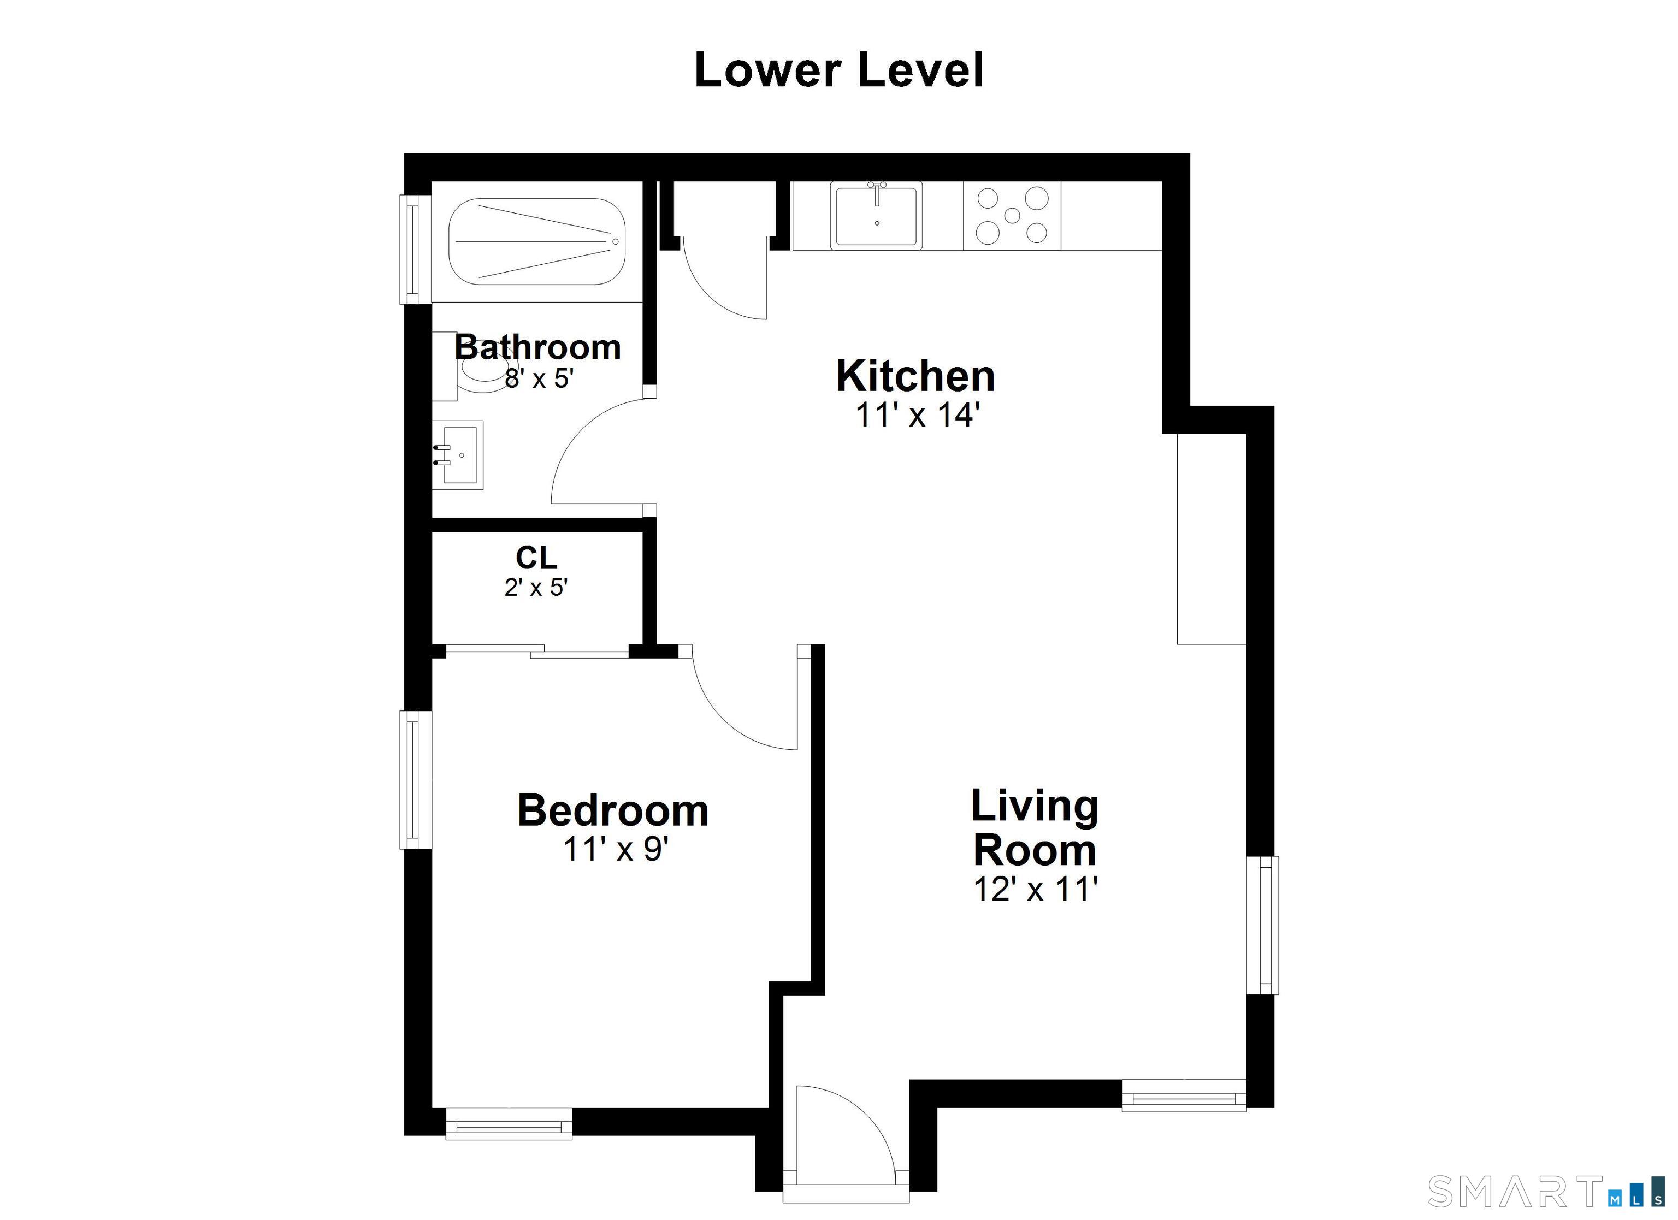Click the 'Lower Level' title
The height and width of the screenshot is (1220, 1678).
[839, 70]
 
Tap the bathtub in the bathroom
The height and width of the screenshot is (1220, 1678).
[537, 241]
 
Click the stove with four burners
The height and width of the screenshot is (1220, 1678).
[1012, 215]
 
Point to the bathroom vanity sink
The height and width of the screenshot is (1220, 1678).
[458, 455]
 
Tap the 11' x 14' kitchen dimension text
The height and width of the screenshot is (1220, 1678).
[918, 415]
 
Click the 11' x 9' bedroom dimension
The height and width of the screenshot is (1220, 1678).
[616, 849]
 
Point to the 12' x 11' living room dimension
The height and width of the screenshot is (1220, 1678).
[1035, 889]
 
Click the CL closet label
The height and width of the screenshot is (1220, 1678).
[536, 559]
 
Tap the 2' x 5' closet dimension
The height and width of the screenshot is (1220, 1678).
[536, 588]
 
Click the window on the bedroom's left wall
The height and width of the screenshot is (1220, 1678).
[416, 780]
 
